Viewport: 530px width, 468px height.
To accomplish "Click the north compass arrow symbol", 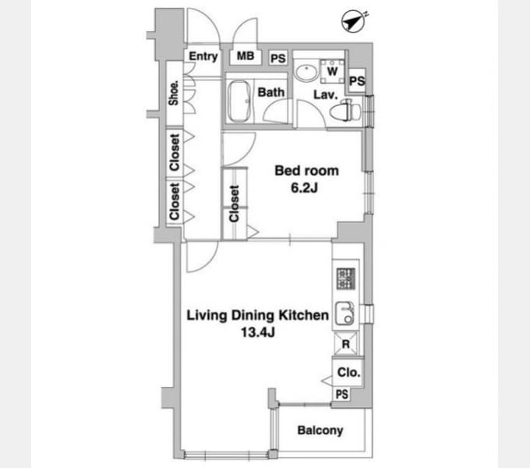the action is (354, 22).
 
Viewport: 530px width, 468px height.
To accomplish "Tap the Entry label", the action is (203, 56).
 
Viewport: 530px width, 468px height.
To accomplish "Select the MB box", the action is (246, 56).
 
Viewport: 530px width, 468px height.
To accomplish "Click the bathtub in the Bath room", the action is (239, 101).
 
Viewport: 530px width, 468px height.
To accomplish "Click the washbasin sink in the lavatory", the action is (306, 71).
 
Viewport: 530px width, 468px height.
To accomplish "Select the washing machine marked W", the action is (332, 71).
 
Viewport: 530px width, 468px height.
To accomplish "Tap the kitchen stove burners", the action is (346, 278).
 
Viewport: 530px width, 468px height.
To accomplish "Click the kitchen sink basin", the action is (344, 314).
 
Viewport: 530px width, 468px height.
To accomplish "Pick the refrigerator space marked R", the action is (345, 344).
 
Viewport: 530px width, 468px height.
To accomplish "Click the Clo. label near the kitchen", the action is (349, 373).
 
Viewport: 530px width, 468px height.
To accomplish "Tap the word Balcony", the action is (320, 430).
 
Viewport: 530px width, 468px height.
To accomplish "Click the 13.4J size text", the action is (258, 332).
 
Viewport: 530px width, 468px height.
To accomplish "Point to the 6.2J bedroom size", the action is (305, 188).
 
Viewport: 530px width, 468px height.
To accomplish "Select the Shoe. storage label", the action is (173, 93).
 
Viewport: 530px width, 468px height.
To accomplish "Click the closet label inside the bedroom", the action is (234, 204).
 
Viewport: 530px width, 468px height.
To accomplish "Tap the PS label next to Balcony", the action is (342, 394).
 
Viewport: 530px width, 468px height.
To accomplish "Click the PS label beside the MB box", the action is (278, 58).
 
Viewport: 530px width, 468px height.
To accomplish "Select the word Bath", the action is (270, 92).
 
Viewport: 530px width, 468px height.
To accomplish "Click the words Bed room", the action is (306, 171).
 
